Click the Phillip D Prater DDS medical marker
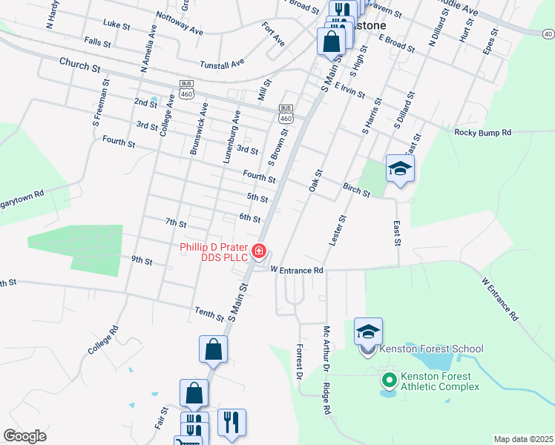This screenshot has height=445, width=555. pos(259,251)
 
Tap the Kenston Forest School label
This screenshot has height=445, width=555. pos(431,349)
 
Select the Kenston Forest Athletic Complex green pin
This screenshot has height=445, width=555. pos(388,380)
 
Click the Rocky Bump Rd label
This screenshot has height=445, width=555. pos(483,133)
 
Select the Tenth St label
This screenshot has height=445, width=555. pos(208,314)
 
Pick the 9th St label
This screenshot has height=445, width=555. pos(141,261)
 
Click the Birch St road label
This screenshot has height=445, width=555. pos(356,191)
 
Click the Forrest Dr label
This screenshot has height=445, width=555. pos(299,363)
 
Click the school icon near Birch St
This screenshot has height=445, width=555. pos(400,168)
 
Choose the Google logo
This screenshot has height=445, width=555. pos(24,436)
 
